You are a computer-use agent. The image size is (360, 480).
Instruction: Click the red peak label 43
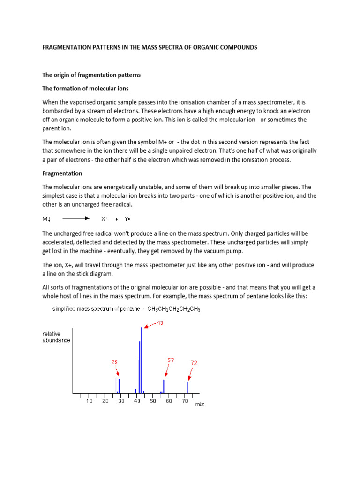tap(159, 323)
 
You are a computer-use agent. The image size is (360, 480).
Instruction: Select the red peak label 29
tap(114, 362)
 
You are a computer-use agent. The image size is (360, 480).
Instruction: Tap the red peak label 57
tap(171, 360)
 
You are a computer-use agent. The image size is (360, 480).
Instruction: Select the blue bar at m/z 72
tap(187, 387)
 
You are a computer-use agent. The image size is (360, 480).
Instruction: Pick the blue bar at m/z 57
tap(164, 386)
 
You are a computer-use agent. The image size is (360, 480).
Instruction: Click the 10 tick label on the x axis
tap(89, 401)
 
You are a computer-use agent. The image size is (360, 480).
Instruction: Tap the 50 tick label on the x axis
tap(153, 401)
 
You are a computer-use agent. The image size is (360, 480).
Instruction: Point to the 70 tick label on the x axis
tap(185, 401)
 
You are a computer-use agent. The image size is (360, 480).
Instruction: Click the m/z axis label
tap(200, 404)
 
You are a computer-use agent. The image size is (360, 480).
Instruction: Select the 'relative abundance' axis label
tap(56, 337)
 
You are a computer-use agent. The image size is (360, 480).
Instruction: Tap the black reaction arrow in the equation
tap(76, 219)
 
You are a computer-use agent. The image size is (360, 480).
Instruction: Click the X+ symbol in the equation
tap(105, 219)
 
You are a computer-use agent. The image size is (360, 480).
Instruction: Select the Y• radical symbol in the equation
tap(127, 219)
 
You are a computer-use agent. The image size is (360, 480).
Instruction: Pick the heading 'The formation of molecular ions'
tap(86, 89)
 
